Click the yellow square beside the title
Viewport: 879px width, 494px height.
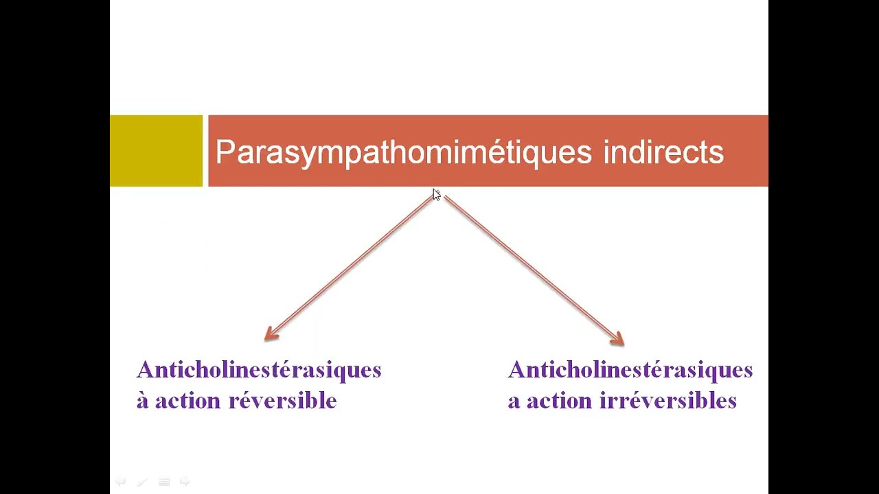(x=156, y=151)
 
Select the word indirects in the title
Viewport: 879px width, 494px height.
(x=663, y=152)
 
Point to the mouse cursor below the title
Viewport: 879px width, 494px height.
(x=436, y=195)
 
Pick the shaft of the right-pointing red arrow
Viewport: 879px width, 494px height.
(x=529, y=268)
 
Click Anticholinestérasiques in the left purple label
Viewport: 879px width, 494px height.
(x=259, y=370)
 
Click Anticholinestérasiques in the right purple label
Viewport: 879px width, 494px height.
(x=630, y=370)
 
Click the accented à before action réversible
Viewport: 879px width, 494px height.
(x=142, y=401)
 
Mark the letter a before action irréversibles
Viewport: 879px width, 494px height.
(x=514, y=401)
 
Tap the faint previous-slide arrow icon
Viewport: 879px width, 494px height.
(x=120, y=482)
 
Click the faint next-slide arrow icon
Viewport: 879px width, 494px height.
(x=185, y=482)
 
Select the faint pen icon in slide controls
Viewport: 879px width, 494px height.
(x=142, y=482)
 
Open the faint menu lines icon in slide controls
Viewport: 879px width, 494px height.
(x=164, y=482)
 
